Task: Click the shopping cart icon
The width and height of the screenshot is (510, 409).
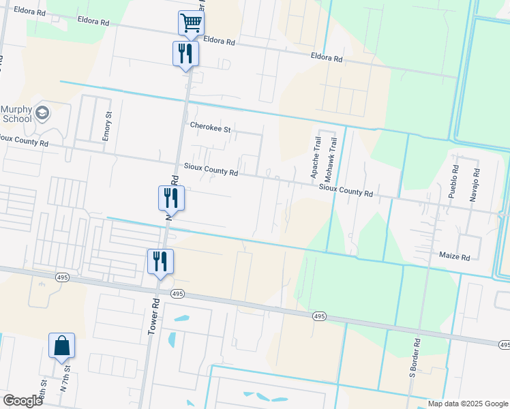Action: pyautogui.click(x=192, y=22)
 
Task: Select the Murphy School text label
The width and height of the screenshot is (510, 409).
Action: pyautogui.click(x=16, y=114)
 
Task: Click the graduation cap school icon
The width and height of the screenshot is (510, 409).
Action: pyautogui.click(x=43, y=112)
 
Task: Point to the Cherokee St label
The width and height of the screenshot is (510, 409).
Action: pyautogui.click(x=211, y=127)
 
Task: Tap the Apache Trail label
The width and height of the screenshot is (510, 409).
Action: pyautogui.click(x=316, y=157)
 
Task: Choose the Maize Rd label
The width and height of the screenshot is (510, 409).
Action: pyautogui.click(x=455, y=257)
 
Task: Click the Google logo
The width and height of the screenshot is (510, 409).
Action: pyautogui.click(x=22, y=401)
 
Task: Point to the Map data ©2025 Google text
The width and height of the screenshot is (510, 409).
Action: pyautogui.click(x=467, y=404)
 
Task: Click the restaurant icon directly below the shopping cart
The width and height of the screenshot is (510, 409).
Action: pyautogui.click(x=185, y=53)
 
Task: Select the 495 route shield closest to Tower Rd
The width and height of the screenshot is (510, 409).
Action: pyautogui.click(x=177, y=293)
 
